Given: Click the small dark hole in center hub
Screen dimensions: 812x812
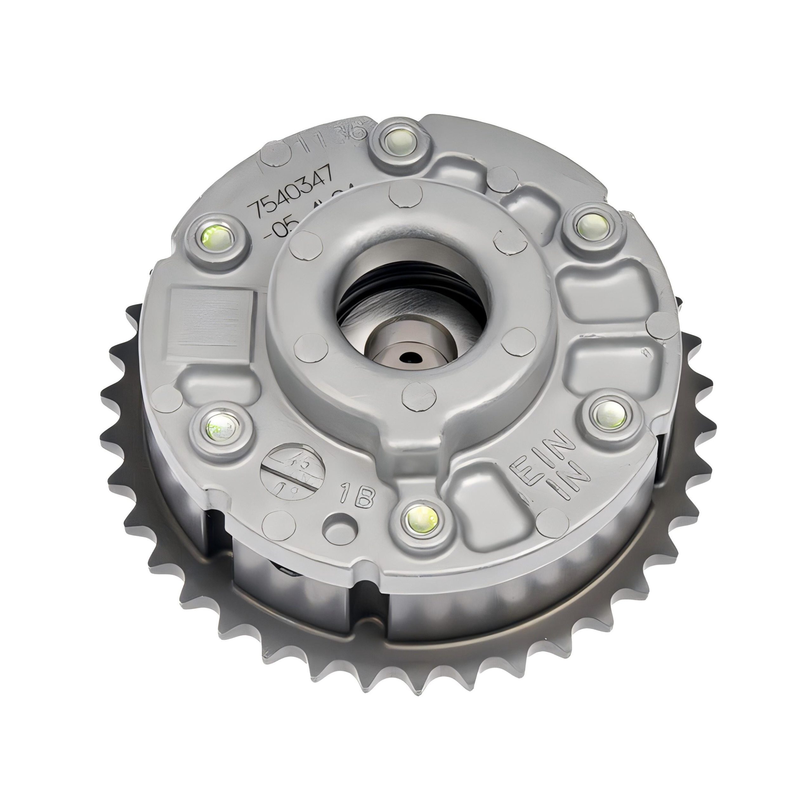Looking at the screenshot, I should point(408,358).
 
